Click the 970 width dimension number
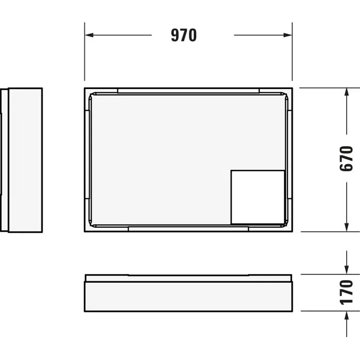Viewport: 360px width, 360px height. coord(184,36)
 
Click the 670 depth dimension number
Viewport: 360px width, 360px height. coord(347,158)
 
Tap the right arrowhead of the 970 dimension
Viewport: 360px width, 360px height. coord(288,36)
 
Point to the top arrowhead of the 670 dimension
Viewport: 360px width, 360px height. coord(347,92)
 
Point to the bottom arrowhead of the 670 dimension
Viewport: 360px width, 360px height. coord(347,227)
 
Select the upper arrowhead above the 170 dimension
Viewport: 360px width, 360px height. coord(347,270)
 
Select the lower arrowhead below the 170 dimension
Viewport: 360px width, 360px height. coord(347,316)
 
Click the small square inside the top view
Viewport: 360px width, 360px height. coord(258,197)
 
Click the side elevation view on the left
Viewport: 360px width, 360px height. coord(25,160)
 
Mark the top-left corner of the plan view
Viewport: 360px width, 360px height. coord(85,89)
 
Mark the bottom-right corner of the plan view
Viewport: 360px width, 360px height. coord(292,231)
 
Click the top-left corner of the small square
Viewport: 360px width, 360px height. coord(231,171)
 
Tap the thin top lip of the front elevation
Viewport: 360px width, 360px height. coord(188,277)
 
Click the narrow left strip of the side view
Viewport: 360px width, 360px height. coord(5,160)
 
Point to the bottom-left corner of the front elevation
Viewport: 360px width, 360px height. coord(85,311)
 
